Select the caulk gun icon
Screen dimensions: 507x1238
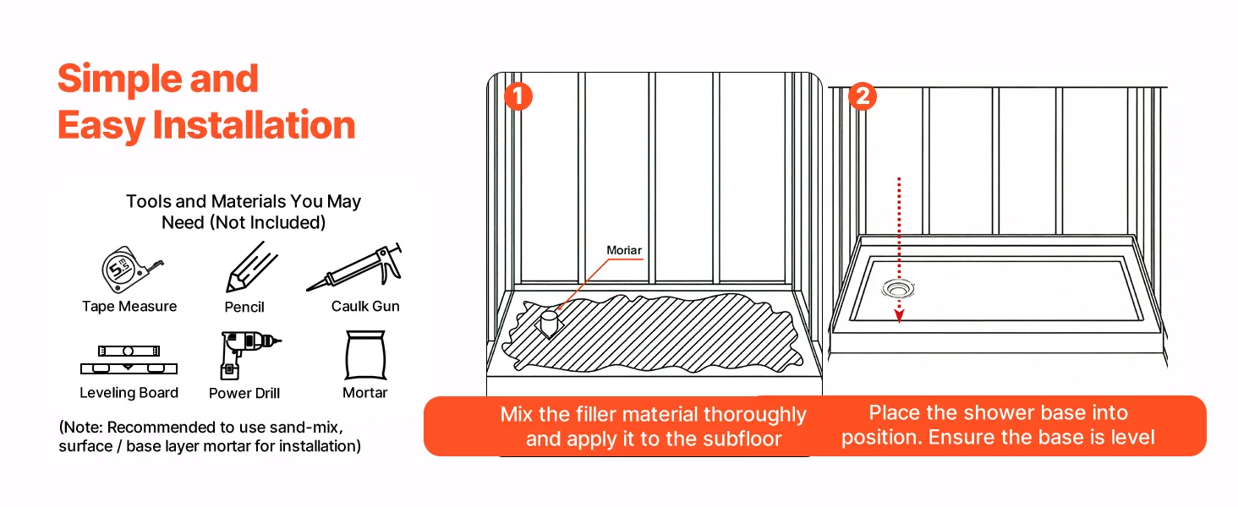tap(356, 268)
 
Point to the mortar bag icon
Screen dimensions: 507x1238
tap(365, 356)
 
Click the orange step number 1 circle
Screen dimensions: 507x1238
tap(518, 96)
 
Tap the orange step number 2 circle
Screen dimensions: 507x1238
tap(862, 96)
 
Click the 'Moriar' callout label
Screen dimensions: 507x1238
tap(624, 251)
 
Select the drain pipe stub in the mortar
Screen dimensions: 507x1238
tap(550, 324)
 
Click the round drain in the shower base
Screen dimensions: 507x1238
tap(898, 289)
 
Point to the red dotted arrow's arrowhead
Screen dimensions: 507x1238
tap(900, 318)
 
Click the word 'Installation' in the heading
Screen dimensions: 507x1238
tap(254, 125)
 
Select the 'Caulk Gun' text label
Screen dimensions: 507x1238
tap(365, 306)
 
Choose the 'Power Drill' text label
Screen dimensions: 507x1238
tap(244, 394)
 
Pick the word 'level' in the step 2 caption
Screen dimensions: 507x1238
tap(1132, 438)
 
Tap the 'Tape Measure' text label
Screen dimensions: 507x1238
tap(129, 306)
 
